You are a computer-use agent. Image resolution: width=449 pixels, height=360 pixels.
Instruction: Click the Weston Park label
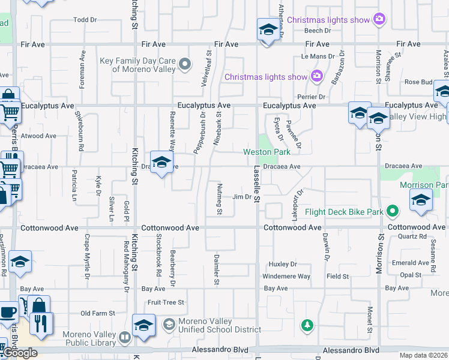267,152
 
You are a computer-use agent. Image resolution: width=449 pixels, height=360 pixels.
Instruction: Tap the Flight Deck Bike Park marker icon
393,211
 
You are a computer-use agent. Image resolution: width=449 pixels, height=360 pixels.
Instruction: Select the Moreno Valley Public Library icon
125,338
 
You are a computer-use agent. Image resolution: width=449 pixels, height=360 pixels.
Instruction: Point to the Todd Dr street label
85,20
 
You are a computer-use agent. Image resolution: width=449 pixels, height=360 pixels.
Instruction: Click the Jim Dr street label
241,197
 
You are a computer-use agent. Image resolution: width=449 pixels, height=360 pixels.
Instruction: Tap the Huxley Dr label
283,264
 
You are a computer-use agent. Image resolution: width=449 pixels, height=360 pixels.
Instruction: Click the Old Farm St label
97,313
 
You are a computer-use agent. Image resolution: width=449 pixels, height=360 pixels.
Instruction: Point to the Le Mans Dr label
313,56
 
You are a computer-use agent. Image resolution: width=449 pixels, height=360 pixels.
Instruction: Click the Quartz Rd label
411,236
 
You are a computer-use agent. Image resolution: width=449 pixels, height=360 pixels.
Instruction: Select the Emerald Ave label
411,263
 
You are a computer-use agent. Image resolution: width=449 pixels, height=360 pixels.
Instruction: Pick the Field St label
337,277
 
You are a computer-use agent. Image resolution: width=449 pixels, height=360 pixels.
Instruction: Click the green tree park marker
307,325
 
